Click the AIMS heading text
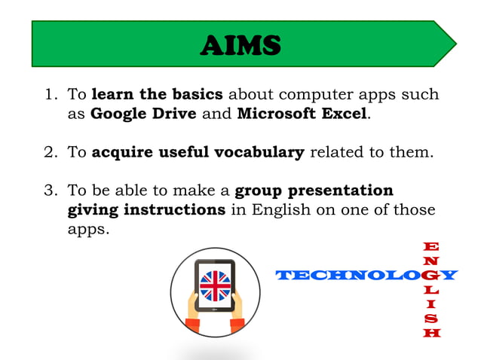[x=240, y=46]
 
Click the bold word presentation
[x=346, y=191]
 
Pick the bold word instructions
[x=175, y=209]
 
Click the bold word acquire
[x=122, y=153]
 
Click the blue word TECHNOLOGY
[x=366, y=276]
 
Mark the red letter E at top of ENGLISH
[x=432, y=246]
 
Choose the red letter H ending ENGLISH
[x=432, y=333]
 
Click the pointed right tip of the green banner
[x=455, y=44]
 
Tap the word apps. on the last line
[x=88, y=228]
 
